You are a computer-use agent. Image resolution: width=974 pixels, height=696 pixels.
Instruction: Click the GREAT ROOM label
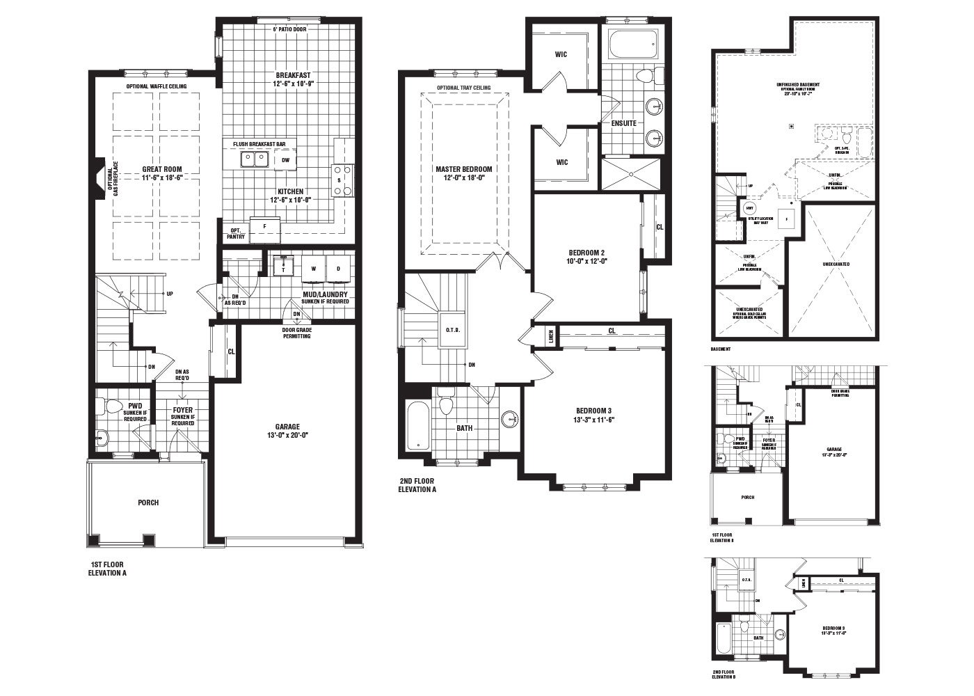pyautogui.click(x=162, y=169)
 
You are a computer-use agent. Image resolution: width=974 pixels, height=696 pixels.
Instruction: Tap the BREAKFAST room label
pyautogui.click(x=293, y=75)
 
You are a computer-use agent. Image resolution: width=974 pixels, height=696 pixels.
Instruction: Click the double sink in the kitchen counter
pyautogui.click(x=254, y=160)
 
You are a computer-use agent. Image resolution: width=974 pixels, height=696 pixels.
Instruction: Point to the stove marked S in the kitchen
pyautogui.click(x=342, y=180)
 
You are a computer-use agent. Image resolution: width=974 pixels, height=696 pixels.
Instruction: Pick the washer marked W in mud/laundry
pyautogui.click(x=314, y=268)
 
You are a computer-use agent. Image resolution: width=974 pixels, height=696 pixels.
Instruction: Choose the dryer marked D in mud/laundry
pyautogui.click(x=339, y=268)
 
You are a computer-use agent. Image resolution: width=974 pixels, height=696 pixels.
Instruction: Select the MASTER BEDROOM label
pyautogui.click(x=463, y=169)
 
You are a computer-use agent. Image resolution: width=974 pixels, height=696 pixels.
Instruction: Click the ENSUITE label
pyautogui.click(x=624, y=123)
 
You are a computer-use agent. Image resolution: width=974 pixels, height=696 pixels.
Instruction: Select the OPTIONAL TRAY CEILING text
pyautogui.click(x=463, y=88)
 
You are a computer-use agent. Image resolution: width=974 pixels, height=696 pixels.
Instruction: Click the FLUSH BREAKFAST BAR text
pyautogui.click(x=259, y=144)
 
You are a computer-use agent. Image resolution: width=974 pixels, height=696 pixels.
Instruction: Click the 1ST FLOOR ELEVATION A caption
pyautogui.click(x=108, y=569)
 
